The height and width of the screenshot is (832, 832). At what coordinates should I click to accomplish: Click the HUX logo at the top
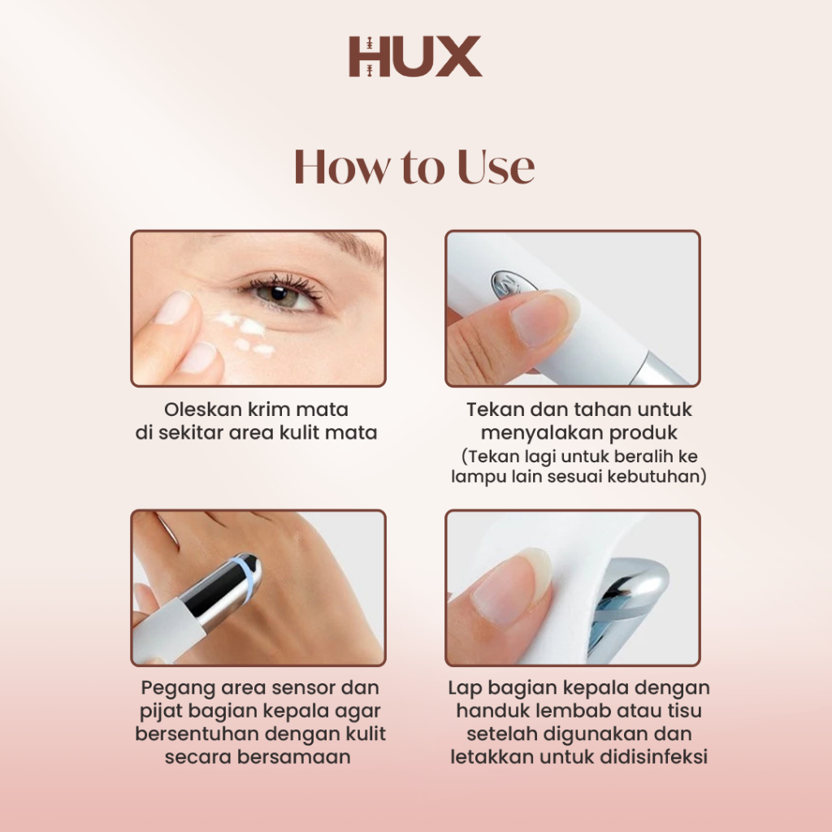(x=415, y=56)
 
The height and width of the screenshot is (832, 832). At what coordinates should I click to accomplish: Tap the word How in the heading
(x=340, y=167)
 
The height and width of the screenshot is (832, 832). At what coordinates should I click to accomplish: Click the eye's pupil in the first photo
(x=278, y=293)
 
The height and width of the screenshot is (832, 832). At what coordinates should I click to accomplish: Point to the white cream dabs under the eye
(x=244, y=332)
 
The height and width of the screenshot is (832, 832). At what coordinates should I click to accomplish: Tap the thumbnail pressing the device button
(x=542, y=318)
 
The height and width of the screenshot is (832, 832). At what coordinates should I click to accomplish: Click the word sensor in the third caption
(x=305, y=687)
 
